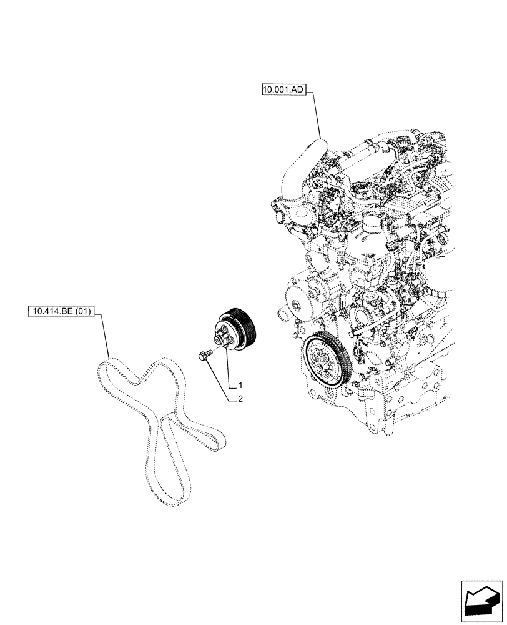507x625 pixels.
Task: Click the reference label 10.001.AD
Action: pyautogui.click(x=283, y=91)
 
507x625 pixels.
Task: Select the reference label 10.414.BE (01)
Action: pyautogui.click(x=61, y=311)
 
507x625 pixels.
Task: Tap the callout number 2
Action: pyautogui.click(x=239, y=398)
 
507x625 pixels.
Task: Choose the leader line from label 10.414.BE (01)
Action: pyautogui.click(x=103, y=337)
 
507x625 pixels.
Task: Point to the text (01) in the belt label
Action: pyautogui.click(x=82, y=311)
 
